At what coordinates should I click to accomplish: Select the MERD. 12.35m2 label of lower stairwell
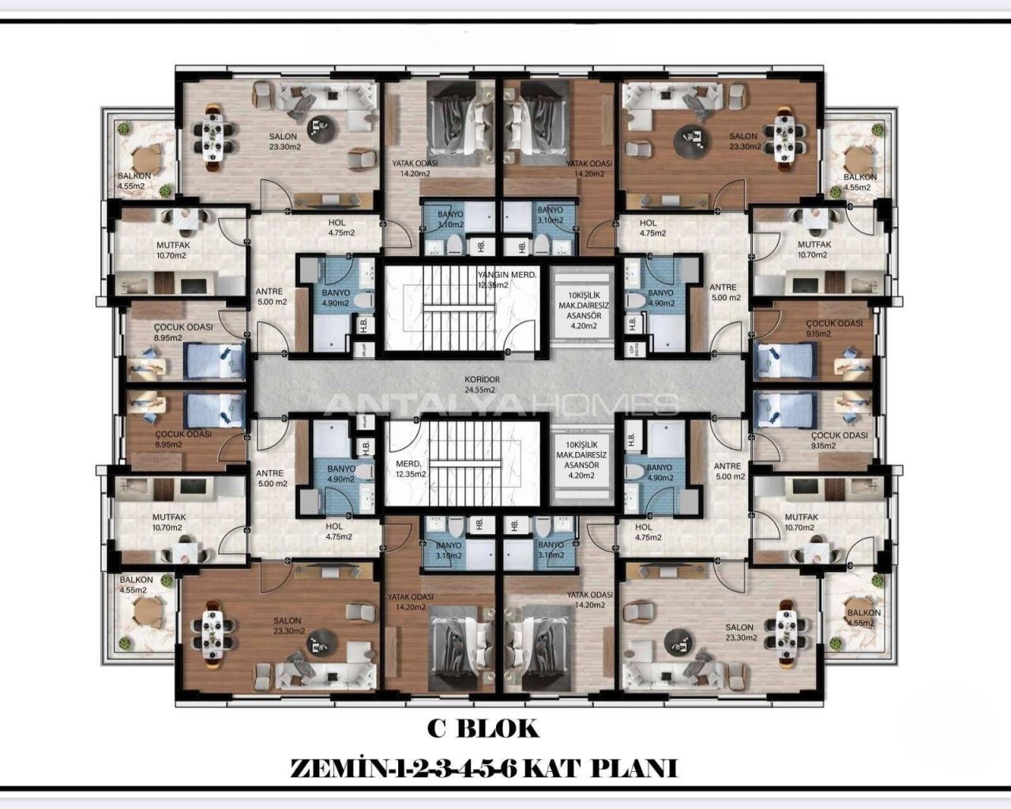coord(411,469)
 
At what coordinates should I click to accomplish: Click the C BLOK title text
coord(483,728)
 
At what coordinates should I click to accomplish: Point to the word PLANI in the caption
coord(639,768)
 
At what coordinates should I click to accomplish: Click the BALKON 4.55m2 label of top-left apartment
coord(131,182)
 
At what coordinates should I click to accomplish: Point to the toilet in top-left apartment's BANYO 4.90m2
coord(364,301)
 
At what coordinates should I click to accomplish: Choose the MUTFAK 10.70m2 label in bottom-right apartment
coord(801,522)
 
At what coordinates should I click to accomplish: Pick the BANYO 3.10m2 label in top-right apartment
coord(550,215)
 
